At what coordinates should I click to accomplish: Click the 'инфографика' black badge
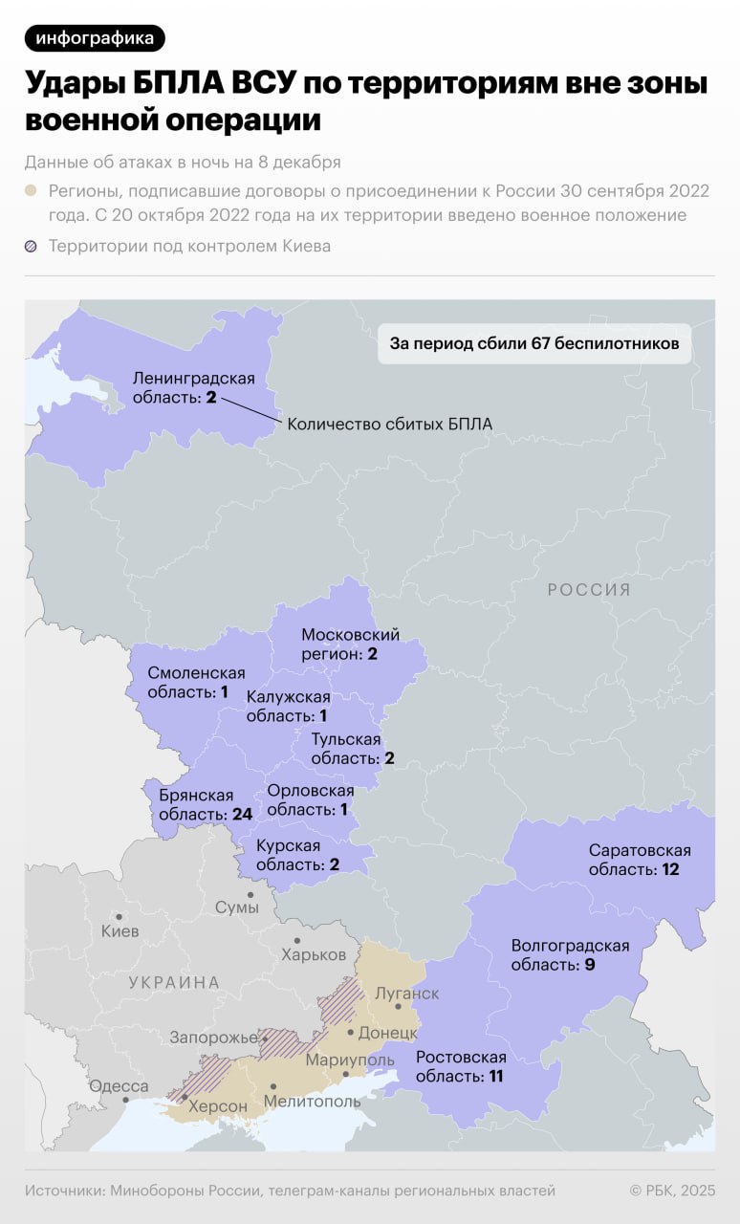click(x=95, y=37)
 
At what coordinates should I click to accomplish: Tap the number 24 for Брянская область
click(x=241, y=814)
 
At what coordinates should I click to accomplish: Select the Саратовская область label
click(x=639, y=860)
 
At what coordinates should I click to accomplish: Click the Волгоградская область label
click(x=570, y=954)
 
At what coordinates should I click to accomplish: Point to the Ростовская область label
click(x=460, y=1066)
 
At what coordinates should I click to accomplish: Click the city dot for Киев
click(x=120, y=916)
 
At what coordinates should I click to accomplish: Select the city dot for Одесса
click(x=125, y=1101)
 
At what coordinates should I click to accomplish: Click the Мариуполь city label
click(x=350, y=1060)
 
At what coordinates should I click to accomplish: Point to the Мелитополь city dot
click(x=273, y=1086)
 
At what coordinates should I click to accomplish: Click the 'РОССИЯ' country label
click(x=589, y=590)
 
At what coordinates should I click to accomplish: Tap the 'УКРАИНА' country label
click(x=174, y=982)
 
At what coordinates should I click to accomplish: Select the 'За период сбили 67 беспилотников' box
click(x=534, y=342)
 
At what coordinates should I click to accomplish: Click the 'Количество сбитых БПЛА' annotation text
click(x=390, y=423)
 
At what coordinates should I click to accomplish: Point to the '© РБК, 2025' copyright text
click(x=672, y=1191)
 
